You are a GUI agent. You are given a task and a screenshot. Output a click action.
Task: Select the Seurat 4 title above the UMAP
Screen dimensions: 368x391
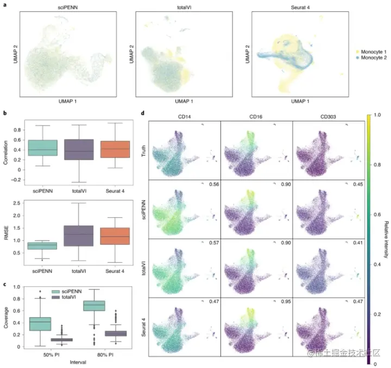[292, 8]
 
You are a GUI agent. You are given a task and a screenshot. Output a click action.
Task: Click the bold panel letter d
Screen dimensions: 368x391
[143, 114]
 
